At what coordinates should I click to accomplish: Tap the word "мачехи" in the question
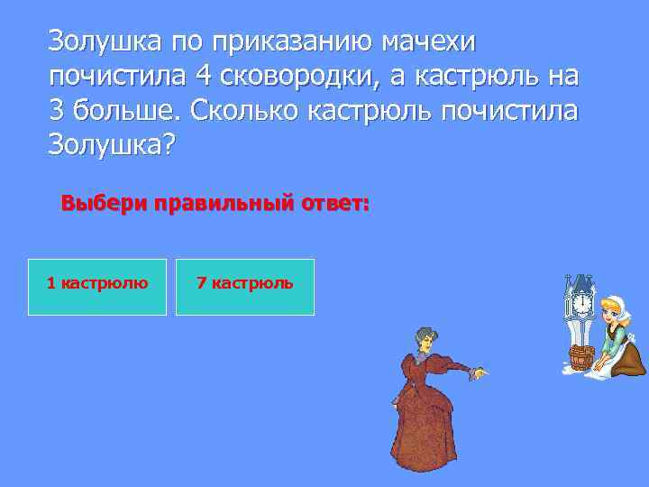pos(432,41)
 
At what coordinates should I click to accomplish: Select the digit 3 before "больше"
pos(58,113)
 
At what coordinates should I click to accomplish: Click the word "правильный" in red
pos(223,204)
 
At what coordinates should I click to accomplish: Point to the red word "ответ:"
pos(334,204)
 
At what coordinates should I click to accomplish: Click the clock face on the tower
pos(581,304)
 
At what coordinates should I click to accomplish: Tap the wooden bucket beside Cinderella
pos(580,357)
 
